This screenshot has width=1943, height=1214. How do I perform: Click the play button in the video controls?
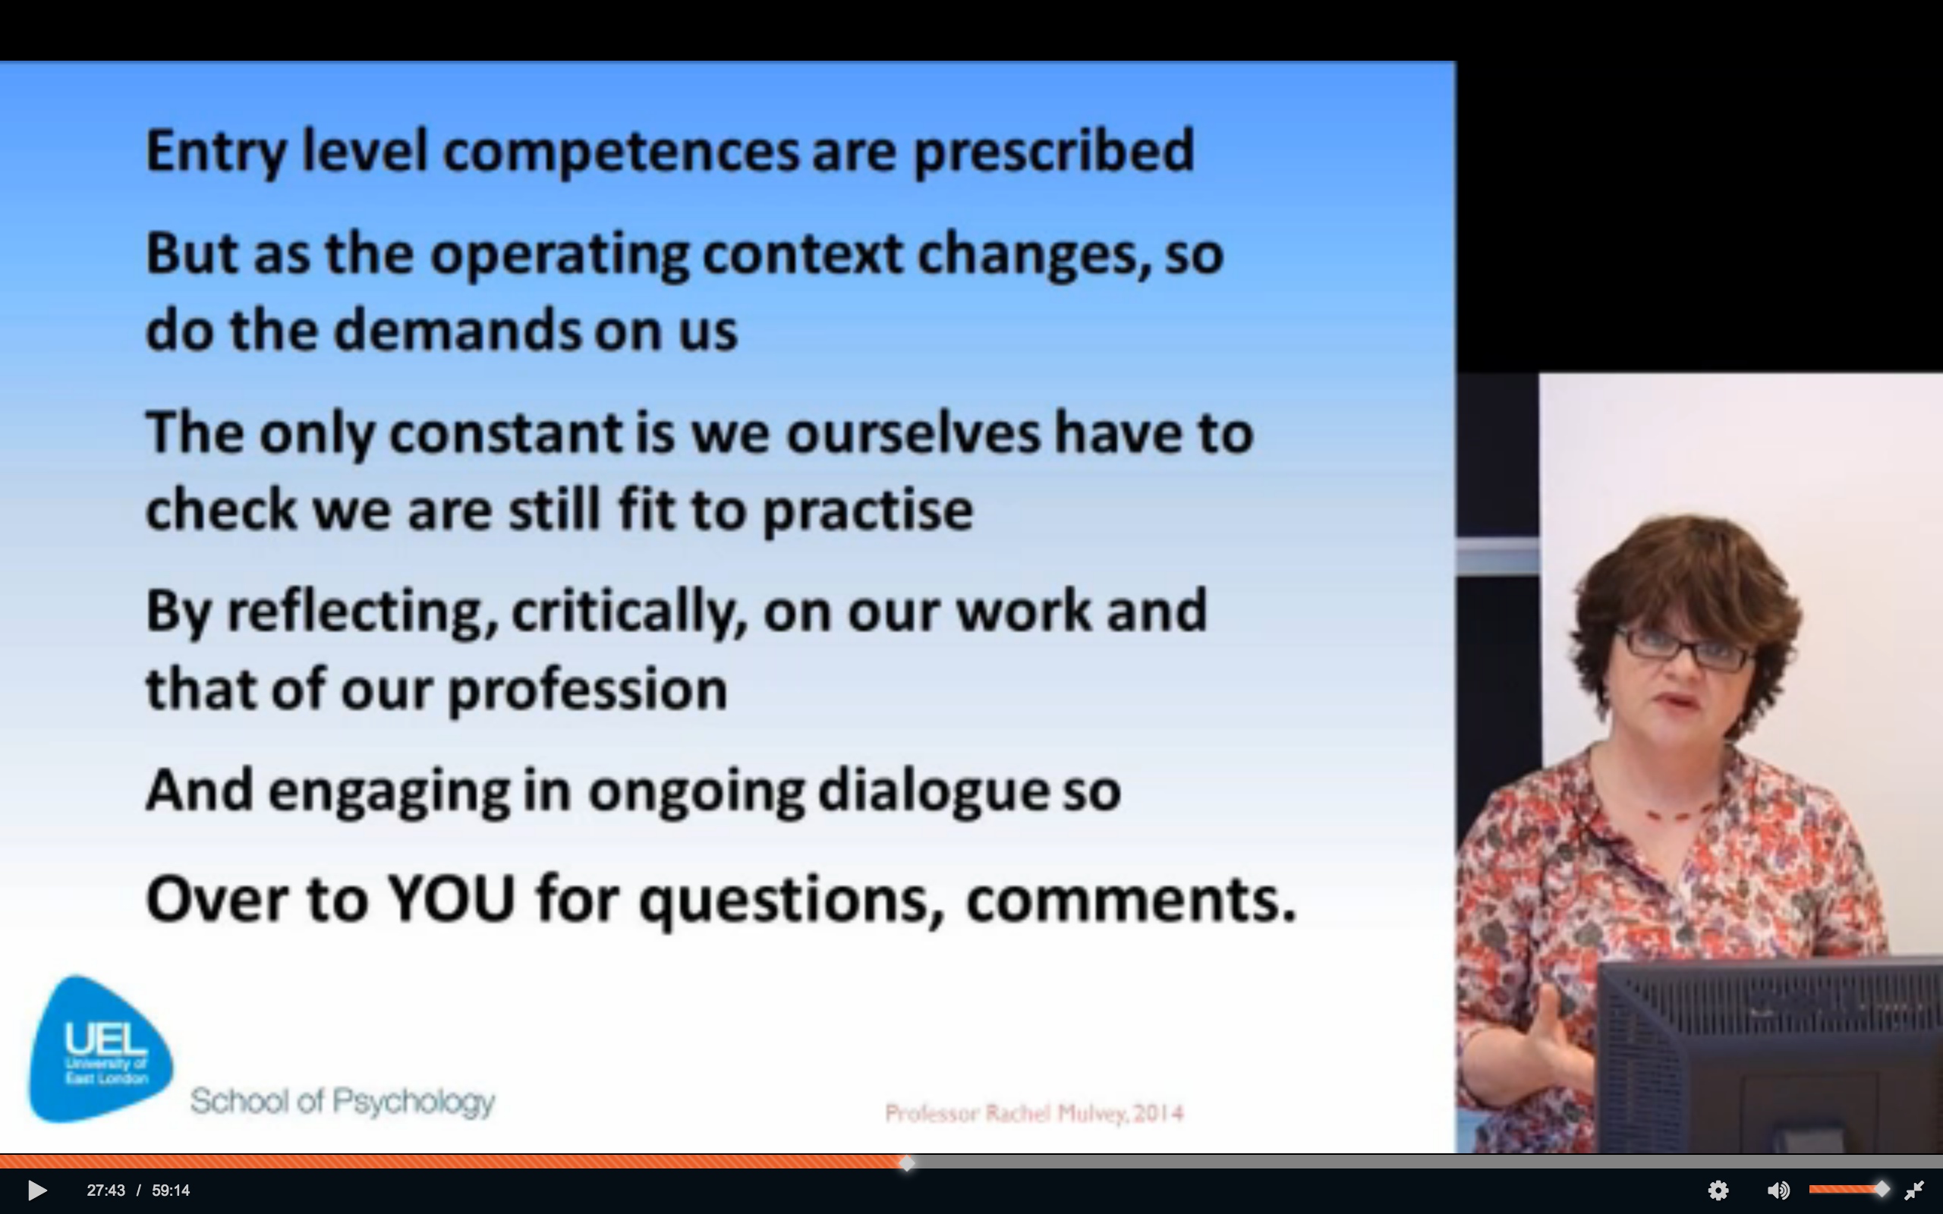click(x=37, y=1190)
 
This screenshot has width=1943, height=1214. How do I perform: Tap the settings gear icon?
click(x=1718, y=1190)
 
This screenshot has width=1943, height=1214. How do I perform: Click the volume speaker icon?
click(x=1778, y=1190)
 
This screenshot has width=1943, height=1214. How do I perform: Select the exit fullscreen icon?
click(x=1914, y=1190)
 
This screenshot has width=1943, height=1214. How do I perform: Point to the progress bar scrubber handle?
click(x=906, y=1162)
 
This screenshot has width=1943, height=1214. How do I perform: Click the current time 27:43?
click(x=106, y=1190)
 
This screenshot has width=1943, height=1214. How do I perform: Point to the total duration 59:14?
click(x=170, y=1190)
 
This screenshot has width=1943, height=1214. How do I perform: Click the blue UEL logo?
click(x=100, y=1049)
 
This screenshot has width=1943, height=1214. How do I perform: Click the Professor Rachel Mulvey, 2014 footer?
click(x=1034, y=1114)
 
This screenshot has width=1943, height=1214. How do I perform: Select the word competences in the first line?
click(x=621, y=153)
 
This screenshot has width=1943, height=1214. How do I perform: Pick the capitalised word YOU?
click(x=452, y=898)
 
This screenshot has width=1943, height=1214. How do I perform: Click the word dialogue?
click(x=933, y=791)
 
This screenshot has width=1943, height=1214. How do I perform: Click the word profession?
click(x=587, y=690)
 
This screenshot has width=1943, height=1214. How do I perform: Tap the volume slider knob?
click(x=1882, y=1189)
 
